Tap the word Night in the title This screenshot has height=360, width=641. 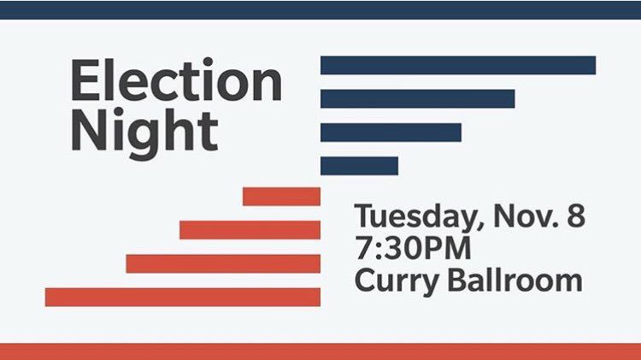pyautogui.click(x=144, y=131)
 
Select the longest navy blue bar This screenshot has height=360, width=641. pyautogui.click(x=457, y=65)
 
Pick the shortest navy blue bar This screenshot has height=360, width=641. pyautogui.click(x=359, y=165)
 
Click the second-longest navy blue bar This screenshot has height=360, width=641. pyautogui.click(x=417, y=98)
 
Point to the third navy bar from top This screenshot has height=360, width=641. pyautogui.click(x=391, y=132)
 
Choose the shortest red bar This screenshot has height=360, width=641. pyautogui.click(x=281, y=197)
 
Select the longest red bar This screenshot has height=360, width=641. pyautogui.click(x=182, y=297)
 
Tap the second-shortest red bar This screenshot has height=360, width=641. pyautogui.click(x=250, y=230)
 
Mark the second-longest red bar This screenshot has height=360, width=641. pyautogui.click(x=223, y=263)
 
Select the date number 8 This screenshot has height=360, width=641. pyautogui.click(x=576, y=216)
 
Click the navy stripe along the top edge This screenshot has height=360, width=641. pyautogui.click(x=320, y=9)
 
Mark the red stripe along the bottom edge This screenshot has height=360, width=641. pyautogui.click(x=320, y=351)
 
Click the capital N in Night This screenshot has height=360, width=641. pyautogui.click(x=89, y=131)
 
